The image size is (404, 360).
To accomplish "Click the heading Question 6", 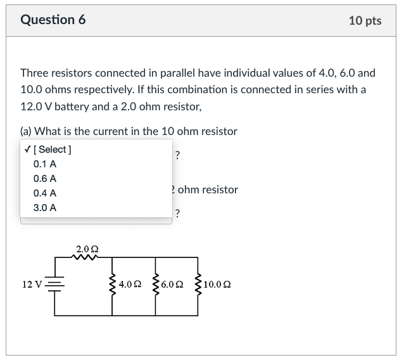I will [x=53, y=20].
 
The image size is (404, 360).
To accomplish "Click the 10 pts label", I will [x=365, y=21].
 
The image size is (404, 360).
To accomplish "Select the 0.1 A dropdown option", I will [x=45, y=164].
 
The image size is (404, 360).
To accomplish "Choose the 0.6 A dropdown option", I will [x=45, y=179].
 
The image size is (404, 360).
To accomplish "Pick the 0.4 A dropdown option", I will [x=45, y=193].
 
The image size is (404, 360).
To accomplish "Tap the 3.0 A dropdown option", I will [x=45, y=207].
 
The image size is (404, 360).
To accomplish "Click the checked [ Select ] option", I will [x=47, y=150].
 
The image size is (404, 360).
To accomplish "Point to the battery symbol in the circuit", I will [x=55, y=285].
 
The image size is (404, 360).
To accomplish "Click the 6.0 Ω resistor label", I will [x=172, y=285].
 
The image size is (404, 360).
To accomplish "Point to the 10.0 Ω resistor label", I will [x=218, y=285].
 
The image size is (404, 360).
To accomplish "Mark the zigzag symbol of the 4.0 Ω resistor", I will [x=113, y=285].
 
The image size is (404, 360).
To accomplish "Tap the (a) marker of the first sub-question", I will [x=26, y=131].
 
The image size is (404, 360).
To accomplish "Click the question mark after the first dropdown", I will [x=177, y=155].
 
